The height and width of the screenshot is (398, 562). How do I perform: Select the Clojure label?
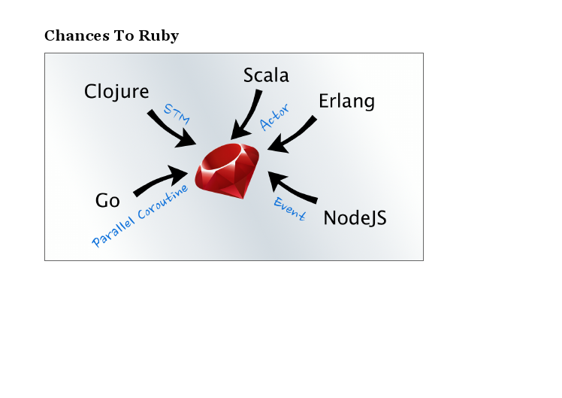[x=116, y=92]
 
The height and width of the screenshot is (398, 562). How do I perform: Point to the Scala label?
[x=266, y=75]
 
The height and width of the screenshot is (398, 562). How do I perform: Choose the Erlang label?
[x=346, y=101]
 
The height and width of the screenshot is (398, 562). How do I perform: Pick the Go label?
[x=107, y=201]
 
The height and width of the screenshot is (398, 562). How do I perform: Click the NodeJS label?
[x=355, y=218]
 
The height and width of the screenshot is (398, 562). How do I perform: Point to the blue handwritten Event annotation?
[x=289, y=209]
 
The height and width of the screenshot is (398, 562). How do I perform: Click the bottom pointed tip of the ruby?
[x=243, y=198]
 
